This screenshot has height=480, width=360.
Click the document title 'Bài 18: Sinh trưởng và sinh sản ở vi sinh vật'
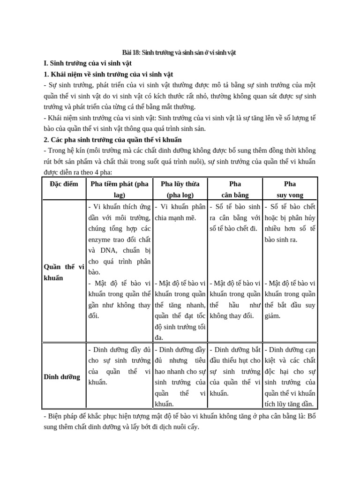pyautogui.click(x=180, y=52)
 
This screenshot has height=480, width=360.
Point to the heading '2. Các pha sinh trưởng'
pyautogui.click(x=112, y=140)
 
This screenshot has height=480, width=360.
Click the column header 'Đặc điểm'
pyautogui.click(x=64, y=184)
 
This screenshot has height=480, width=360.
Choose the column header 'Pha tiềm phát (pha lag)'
pyautogui.click(x=119, y=189)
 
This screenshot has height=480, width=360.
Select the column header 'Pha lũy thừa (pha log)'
pyautogui.click(x=180, y=189)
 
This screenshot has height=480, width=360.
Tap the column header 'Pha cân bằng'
pyautogui.click(x=235, y=189)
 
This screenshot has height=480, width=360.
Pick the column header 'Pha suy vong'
pyautogui.click(x=290, y=189)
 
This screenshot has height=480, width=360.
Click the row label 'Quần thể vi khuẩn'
pyautogui.click(x=64, y=272)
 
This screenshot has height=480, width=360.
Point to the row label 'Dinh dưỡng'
pyautogui.click(x=62, y=377)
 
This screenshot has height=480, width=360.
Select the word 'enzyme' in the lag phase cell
pyautogui.click(x=100, y=240)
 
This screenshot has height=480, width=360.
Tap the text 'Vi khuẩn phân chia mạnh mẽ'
pyautogui.click(x=180, y=212)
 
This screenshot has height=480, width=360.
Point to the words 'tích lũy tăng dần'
pyautogui.click(x=289, y=404)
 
